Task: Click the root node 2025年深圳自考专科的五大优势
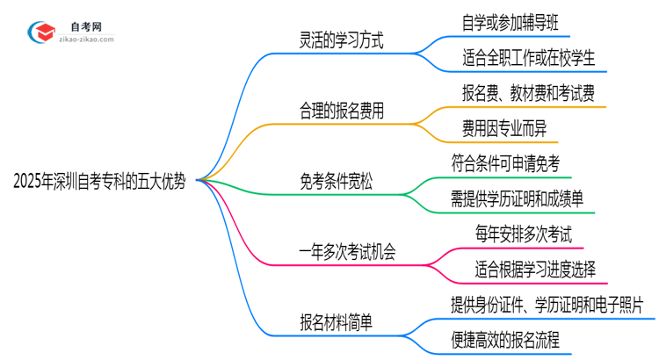click(x=99, y=181)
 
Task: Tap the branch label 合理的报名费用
click(x=341, y=111)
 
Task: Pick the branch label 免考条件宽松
click(x=336, y=182)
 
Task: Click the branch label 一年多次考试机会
click(x=347, y=252)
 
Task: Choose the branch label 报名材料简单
click(x=336, y=322)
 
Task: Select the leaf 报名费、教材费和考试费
click(x=529, y=93)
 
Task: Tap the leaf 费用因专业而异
click(x=509, y=128)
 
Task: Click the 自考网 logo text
click(x=85, y=27)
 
